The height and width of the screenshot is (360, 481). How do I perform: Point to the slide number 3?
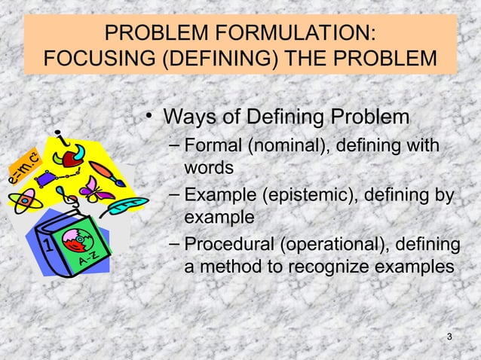click(449, 335)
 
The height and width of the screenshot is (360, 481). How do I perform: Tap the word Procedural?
click(229, 246)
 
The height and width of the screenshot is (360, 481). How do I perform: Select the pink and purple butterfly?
click(97, 189)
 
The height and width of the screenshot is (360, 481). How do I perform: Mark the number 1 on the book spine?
click(47, 246)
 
